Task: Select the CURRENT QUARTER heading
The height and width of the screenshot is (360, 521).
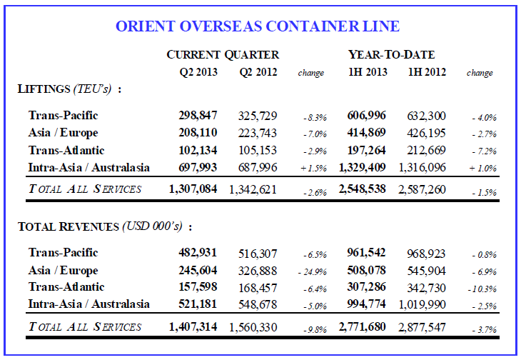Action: tap(223, 55)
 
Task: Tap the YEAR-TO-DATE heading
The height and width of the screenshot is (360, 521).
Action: tap(391, 55)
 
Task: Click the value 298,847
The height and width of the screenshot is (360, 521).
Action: tap(198, 115)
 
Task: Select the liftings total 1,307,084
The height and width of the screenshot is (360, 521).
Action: tap(193, 189)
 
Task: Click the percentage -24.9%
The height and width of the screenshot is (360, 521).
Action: tap(312, 272)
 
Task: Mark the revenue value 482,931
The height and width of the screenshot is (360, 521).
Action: tap(198, 253)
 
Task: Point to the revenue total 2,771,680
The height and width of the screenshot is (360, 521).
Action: tap(363, 327)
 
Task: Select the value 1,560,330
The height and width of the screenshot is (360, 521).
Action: tap(253, 328)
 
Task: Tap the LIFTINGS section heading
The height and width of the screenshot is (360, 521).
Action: tap(69, 89)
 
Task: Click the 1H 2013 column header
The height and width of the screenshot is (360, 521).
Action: tap(368, 71)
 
